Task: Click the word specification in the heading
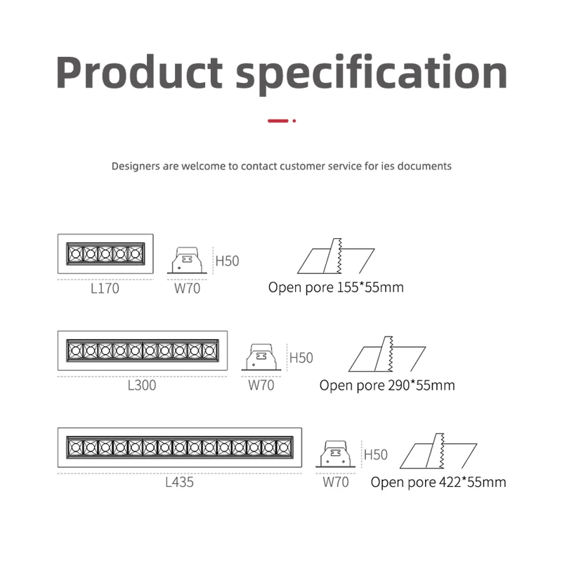(372, 73)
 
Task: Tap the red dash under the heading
(278, 121)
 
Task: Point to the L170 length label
(105, 288)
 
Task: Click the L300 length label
(141, 385)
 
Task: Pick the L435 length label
(179, 483)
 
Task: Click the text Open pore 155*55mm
(336, 287)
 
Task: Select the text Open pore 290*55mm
(387, 385)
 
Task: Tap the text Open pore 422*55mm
(438, 482)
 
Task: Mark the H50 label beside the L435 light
(376, 455)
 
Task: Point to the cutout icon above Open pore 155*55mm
(336, 259)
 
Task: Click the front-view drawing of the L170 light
(105, 253)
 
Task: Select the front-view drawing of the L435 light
(179, 447)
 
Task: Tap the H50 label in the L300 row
(301, 358)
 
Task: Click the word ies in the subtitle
(391, 166)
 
